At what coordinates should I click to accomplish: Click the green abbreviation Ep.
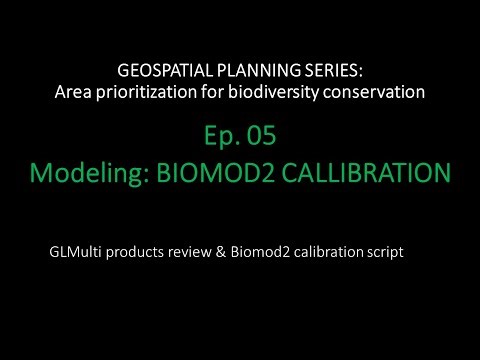point(214,136)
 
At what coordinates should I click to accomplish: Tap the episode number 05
point(254,136)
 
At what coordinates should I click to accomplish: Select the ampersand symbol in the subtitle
point(241,252)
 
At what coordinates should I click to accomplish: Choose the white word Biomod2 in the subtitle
point(277,252)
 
